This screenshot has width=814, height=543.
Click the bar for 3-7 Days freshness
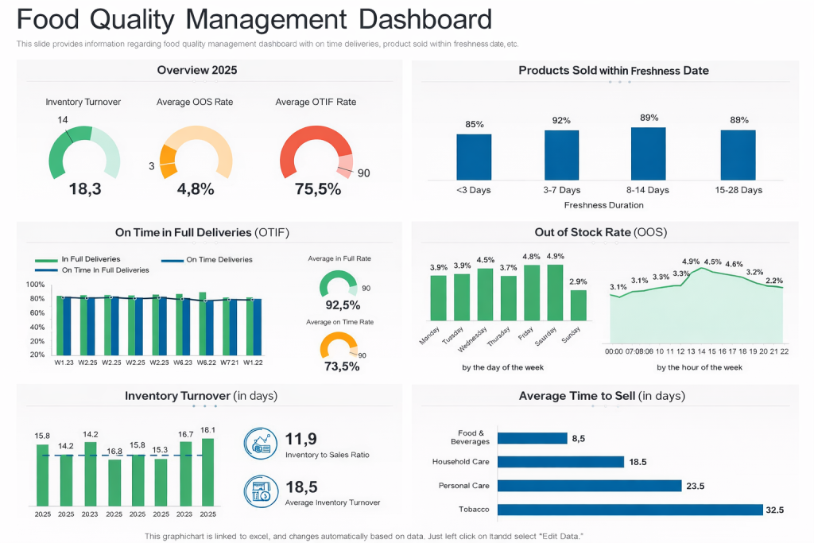[x=561, y=154]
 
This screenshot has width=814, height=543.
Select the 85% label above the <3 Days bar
[x=474, y=124]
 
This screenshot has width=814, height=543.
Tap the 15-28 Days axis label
[x=738, y=190]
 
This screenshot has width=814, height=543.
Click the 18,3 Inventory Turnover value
[x=84, y=188]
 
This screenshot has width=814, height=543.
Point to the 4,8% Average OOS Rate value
[x=196, y=188]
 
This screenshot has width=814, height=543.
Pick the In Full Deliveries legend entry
[x=78, y=259]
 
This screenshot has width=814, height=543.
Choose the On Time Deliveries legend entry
[x=207, y=259]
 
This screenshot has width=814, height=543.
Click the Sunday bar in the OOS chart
[x=579, y=305]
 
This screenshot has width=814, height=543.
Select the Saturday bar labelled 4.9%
[x=555, y=292]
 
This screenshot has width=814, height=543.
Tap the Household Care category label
[x=460, y=462]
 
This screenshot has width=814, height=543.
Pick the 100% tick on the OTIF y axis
[x=35, y=285]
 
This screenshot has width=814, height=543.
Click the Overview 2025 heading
[x=196, y=70]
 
